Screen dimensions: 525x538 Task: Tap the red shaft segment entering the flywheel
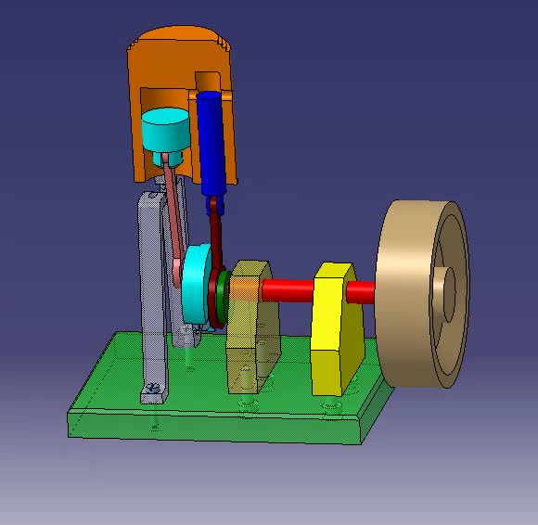[x=361, y=292]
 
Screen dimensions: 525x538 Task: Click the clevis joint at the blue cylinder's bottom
[x=216, y=205]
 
